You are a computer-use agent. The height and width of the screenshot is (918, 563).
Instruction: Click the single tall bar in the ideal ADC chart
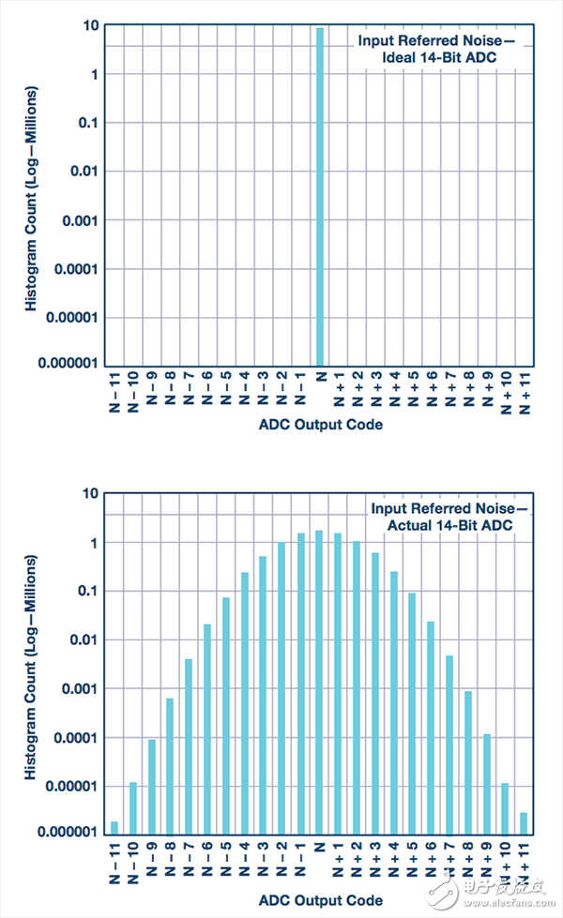[x=320, y=197]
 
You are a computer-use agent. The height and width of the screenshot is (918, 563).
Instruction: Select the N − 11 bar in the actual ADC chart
[x=114, y=827]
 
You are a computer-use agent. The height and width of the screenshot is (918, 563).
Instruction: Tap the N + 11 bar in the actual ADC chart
[x=523, y=822]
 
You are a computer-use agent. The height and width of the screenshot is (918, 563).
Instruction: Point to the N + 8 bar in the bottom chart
[x=467, y=762]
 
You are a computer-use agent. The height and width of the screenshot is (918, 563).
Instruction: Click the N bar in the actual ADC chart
[x=319, y=682]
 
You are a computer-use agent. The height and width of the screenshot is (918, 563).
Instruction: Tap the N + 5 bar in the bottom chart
[x=412, y=713]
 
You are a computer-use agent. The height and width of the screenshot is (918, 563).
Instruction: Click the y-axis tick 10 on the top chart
[x=90, y=25]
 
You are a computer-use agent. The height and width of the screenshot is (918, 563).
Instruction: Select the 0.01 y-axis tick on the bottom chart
[x=84, y=640]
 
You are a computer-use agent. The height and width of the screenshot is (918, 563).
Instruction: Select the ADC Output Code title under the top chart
[x=320, y=425]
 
